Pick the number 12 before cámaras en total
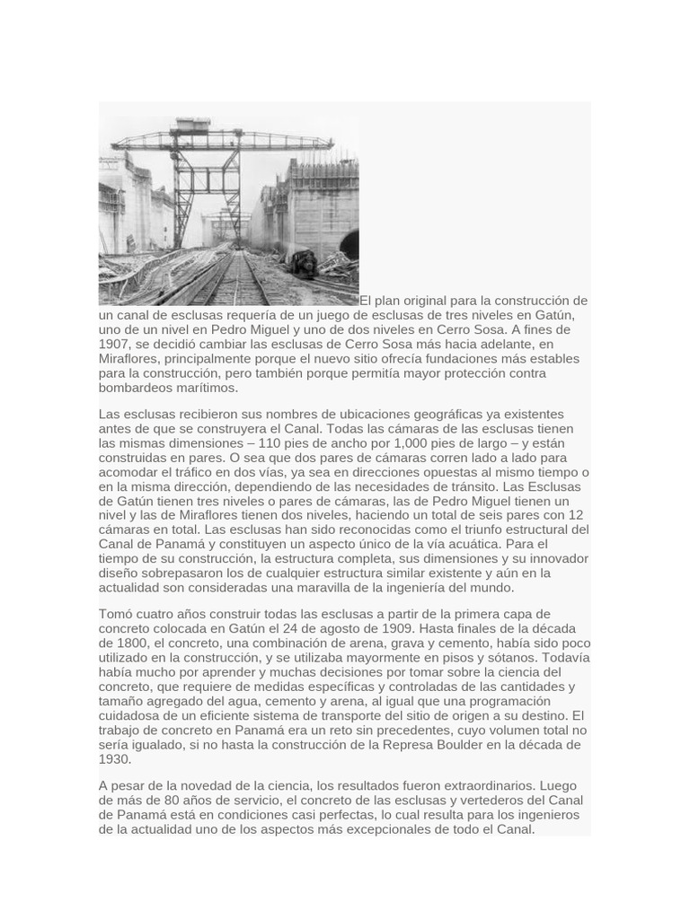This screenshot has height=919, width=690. pos(576,515)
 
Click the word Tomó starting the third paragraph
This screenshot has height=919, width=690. pos(117,614)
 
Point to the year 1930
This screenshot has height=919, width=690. pos(114,758)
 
